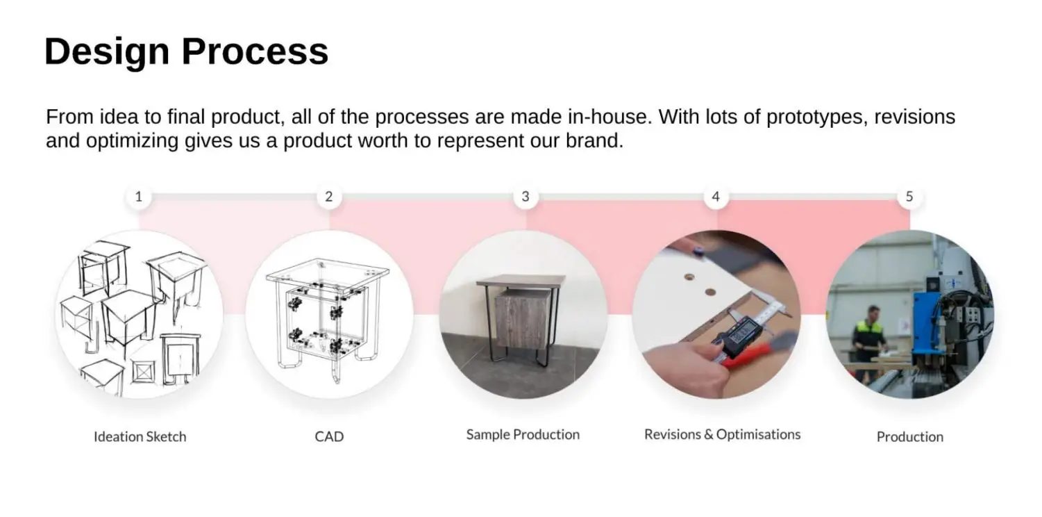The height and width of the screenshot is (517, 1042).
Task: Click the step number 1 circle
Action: (x=139, y=197)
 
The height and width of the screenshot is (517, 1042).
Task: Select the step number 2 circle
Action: (x=329, y=197)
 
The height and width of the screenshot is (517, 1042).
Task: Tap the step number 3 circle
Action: (x=526, y=197)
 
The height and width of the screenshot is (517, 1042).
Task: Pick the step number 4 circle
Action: (x=716, y=197)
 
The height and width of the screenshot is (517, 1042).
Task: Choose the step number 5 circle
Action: (x=909, y=197)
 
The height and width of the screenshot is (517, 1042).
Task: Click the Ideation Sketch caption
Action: (x=140, y=436)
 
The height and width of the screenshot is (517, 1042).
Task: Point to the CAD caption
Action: (x=329, y=436)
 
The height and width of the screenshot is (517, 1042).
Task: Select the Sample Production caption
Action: (x=523, y=434)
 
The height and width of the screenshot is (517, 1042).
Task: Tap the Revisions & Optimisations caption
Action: (x=723, y=434)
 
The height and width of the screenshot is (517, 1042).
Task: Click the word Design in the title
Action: (x=107, y=51)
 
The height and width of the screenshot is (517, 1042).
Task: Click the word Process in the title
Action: (x=255, y=51)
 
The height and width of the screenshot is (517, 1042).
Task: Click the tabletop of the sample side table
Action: (x=521, y=281)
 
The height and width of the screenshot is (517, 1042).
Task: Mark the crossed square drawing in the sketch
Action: (x=143, y=372)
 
